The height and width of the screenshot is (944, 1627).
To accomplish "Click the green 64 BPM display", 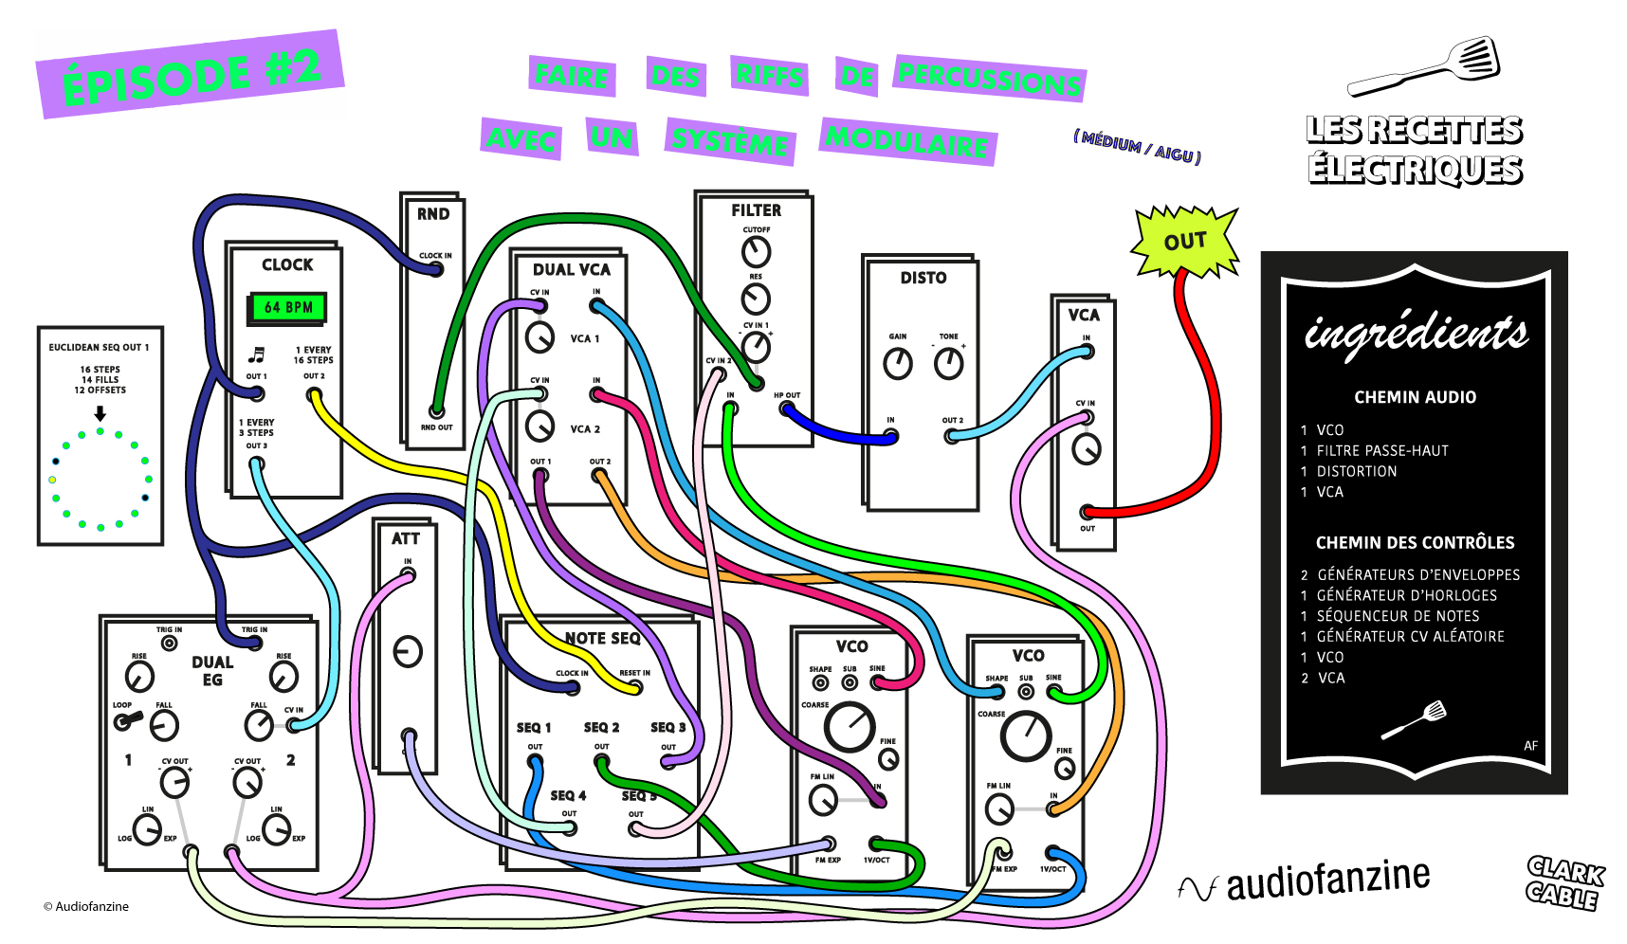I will click(288, 307).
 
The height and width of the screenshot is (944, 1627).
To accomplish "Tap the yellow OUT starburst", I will click(1185, 242).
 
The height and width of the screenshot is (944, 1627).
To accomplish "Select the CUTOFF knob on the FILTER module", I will click(756, 252).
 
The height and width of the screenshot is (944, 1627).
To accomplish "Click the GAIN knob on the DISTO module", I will click(897, 363).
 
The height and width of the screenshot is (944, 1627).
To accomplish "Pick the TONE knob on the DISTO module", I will click(948, 363).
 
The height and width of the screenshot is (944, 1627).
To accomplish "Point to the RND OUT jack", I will click(436, 411).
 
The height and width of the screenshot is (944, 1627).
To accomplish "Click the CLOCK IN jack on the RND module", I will click(436, 269).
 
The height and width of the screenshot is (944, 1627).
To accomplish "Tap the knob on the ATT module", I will click(408, 652).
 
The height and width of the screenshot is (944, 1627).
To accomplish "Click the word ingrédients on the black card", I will click(1416, 332).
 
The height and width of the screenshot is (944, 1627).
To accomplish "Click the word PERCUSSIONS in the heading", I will click(990, 79).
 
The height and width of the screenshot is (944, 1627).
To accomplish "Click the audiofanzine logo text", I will click(1327, 880).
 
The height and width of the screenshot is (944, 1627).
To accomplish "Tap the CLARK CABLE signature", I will click(1564, 882).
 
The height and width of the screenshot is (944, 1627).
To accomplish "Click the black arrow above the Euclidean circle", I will click(100, 414).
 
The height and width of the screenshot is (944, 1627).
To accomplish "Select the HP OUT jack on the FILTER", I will click(786, 408).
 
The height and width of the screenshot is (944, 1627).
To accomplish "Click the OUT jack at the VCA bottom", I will click(1088, 513).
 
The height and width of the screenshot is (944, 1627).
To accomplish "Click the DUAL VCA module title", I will click(571, 270).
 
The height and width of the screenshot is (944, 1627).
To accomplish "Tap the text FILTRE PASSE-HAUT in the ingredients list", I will click(1381, 450).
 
